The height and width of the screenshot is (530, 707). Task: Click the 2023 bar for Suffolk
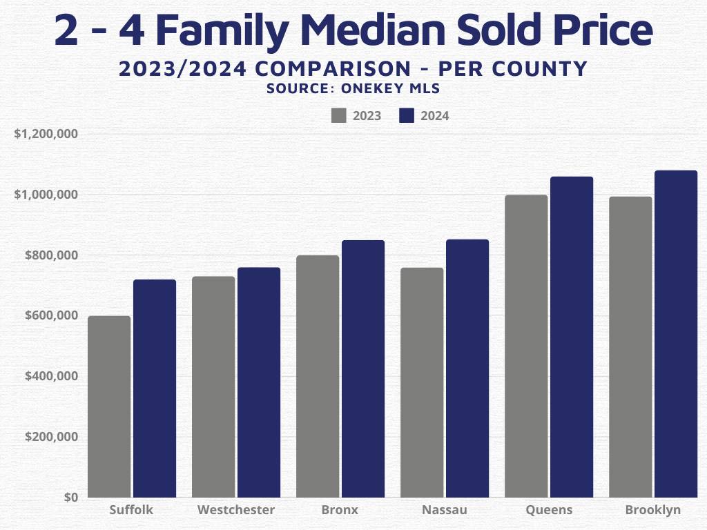[x=109, y=406]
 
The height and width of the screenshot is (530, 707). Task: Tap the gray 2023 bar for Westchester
[x=213, y=386]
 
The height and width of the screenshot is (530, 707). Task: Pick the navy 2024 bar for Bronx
[x=363, y=369]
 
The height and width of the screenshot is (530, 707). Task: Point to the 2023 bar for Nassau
[x=422, y=382]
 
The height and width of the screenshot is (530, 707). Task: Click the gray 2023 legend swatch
[x=338, y=115]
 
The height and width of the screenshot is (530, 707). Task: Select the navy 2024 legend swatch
[x=407, y=115]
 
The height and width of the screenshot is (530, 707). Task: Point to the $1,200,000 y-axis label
[x=46, y=134]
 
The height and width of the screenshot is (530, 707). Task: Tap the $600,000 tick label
[x=50, y=315]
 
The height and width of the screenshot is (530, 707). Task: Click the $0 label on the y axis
[x=70, y=498]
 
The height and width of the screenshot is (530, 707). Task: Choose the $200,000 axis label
[x=50, y=437]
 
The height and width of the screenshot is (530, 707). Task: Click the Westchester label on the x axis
[x=235, y=511]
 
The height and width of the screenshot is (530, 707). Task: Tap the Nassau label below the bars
[x=444, y=511]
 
